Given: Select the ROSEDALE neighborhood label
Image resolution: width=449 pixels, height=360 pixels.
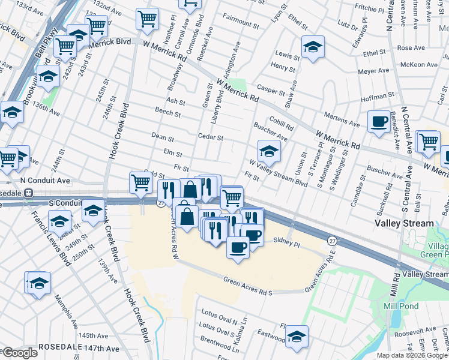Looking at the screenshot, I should (60, 347).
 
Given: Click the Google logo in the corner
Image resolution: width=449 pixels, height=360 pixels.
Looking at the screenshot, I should (19, 353).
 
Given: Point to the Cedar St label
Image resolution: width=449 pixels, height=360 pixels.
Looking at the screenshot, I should (210, 137).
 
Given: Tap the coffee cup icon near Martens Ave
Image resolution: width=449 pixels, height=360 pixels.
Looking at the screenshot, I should (378, 121).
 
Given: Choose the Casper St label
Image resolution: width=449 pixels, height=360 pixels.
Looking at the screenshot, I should (271, 91).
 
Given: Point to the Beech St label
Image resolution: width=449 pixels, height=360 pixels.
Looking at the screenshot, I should (168, 112).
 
